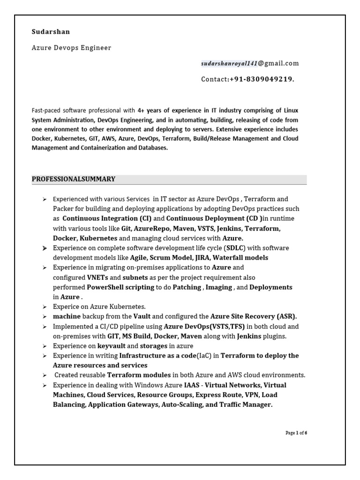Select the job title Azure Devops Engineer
(71, 48)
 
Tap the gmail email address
(250, 63)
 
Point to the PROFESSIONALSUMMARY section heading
(74, 179)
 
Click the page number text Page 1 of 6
(296, 433)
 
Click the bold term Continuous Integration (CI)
(107, 218)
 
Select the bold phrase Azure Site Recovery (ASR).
(254, 316)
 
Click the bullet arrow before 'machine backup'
(44, 317)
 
